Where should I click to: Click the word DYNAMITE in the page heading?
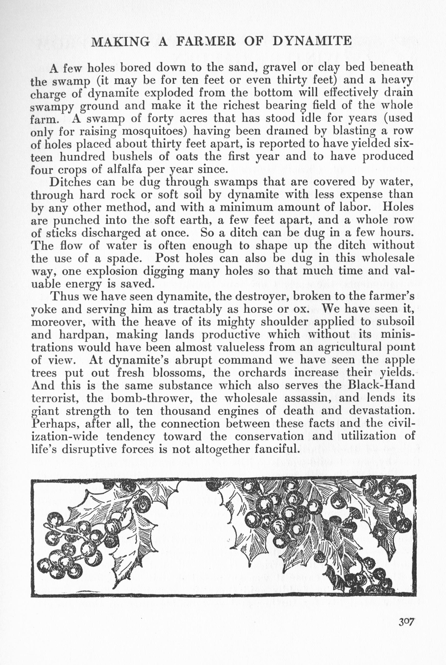tap(312, 42)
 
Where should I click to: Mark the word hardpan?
tap(82, 335)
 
